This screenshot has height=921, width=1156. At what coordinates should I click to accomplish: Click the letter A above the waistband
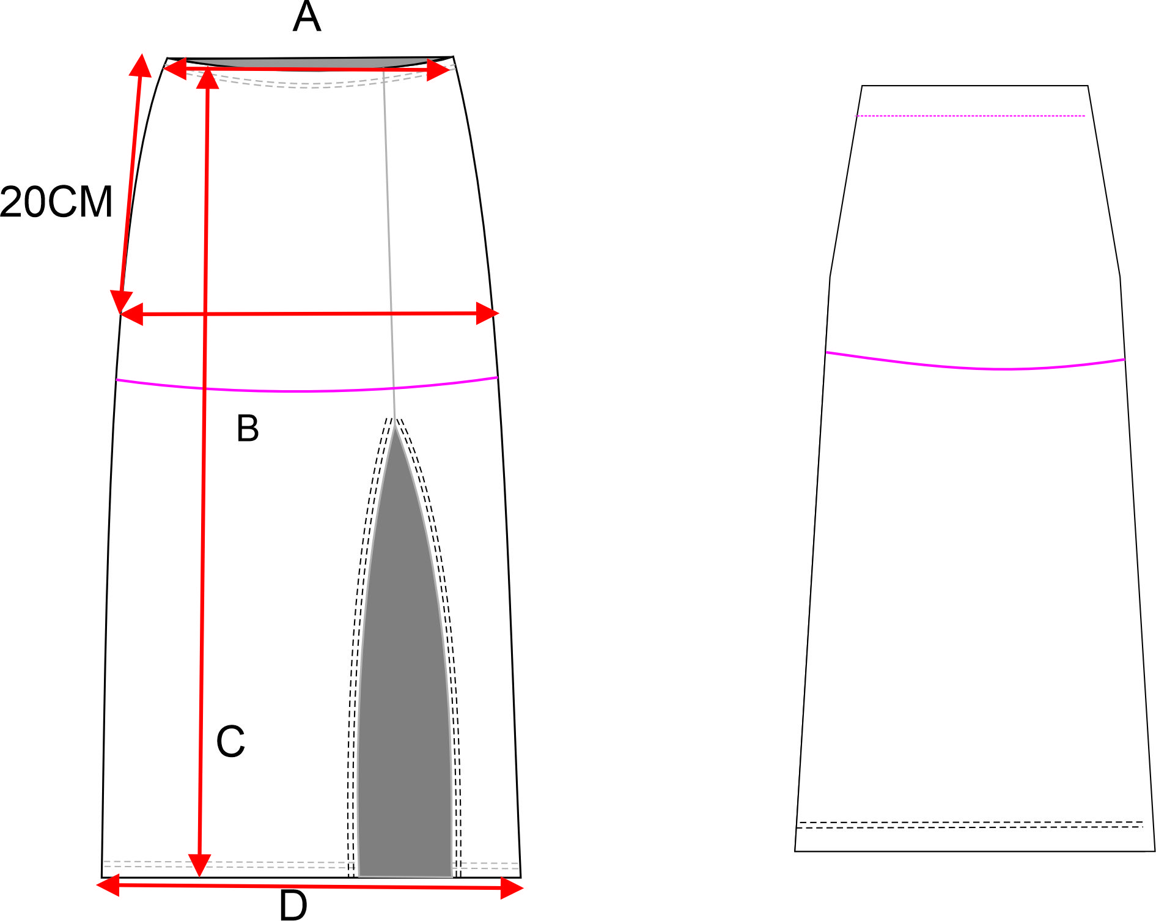tap(306, 17)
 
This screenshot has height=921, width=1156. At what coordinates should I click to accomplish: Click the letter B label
tap(248, 428)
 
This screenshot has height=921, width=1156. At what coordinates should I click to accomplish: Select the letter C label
tap(230, 741)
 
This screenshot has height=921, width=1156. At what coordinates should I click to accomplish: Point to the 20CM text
tap(56, 202)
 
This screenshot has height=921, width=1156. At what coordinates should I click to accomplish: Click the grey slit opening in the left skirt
tap(405, 703)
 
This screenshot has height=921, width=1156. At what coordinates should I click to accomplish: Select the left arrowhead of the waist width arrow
tap(174, 68)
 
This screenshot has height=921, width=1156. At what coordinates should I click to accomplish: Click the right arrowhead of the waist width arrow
tap(439, 70)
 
